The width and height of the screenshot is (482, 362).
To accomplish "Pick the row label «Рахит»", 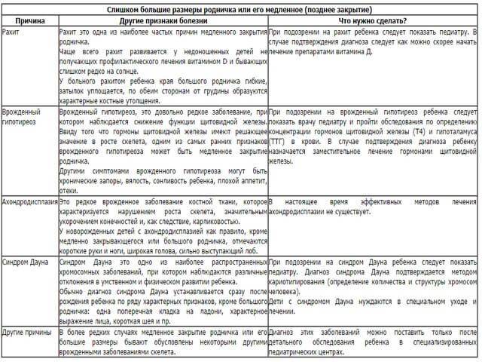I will [11, 35].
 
